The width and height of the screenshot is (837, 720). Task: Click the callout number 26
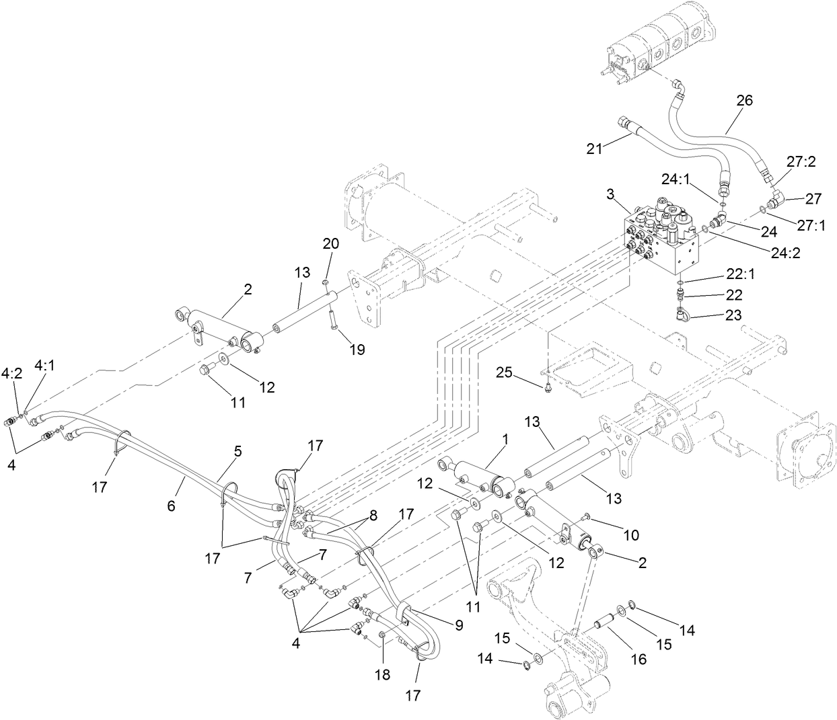point(744,100)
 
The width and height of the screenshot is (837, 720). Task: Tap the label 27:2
point(801,162)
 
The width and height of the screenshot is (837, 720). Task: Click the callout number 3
point(610,194)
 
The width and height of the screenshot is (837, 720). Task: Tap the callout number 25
point(506,372)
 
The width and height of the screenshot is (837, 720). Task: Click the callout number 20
point(330,243)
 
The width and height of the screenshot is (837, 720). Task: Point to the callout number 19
point(357,350)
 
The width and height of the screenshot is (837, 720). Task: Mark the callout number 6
point(171,506)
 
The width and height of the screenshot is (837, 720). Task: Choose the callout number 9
point(459,625)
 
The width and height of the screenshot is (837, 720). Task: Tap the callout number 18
point(383,674)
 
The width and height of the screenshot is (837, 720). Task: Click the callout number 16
point(639,659)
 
